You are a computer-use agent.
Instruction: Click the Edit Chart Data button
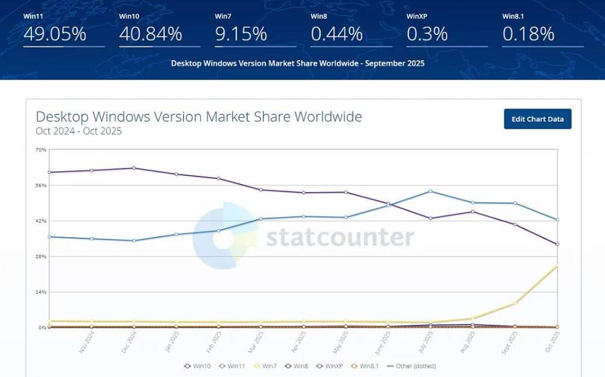(538, 119)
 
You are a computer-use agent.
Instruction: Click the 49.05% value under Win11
(55, 34)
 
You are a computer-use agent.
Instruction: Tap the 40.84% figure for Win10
(151, 34)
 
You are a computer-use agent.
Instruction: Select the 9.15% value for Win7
(241, 34)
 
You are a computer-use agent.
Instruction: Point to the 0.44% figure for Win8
(337, 34)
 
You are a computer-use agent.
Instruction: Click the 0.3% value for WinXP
(427, 34)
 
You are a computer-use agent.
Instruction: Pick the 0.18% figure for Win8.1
(528, 34)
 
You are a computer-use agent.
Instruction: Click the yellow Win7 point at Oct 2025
(557, 266)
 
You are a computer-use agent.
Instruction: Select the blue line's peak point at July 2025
(430, 192)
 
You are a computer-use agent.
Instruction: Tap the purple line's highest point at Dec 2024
(133, 168)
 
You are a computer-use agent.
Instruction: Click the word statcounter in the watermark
(340, 237)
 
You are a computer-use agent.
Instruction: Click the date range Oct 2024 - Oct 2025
(79, 131)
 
